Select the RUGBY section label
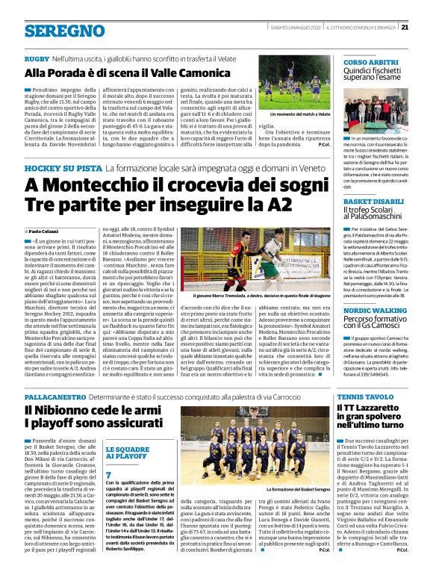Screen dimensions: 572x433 (37, 58)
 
